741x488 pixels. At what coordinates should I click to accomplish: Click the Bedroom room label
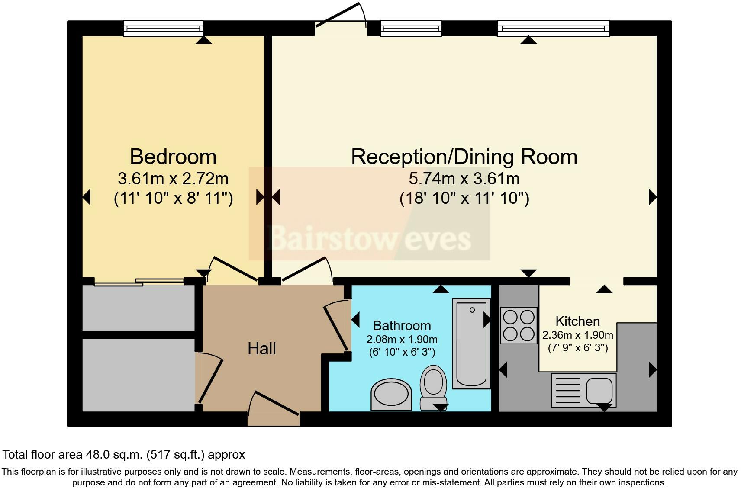click(173, 157)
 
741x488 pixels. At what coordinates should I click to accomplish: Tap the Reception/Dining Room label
click(464, 157)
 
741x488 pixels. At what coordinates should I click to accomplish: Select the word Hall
click(261, 349)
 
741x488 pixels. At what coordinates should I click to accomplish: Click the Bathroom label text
click(402, 325)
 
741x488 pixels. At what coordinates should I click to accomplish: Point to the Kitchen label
click(577, 321)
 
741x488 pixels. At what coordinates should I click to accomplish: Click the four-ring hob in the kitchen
click(519, 325)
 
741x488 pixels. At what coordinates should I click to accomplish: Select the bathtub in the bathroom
click(471, 343)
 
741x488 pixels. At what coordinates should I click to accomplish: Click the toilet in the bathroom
click(433, 386)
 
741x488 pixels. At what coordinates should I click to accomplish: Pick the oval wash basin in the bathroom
click(391, 394)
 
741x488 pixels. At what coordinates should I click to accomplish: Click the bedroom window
click(163, 29)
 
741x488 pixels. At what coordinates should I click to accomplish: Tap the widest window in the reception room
click(553, 29)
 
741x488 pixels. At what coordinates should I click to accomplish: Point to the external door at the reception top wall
click(340, 19)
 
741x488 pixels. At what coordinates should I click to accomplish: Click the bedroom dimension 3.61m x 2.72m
click(173, 179)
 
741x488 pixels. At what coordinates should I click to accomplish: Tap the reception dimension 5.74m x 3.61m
click(464, 179)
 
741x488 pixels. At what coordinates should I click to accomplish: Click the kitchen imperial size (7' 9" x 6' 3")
click(577, 348)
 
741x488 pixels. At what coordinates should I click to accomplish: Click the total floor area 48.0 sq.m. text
click(123, 455)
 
